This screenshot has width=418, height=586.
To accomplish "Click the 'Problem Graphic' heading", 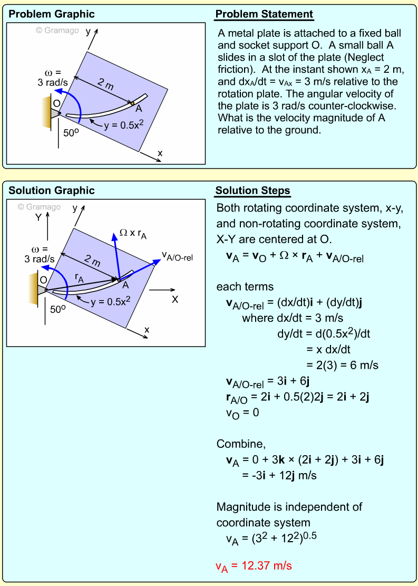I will [52, 14].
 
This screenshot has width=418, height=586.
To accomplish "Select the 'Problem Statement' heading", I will [264, 14].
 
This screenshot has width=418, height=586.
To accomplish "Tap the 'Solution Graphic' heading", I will [52, 190].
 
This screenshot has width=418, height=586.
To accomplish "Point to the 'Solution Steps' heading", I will [253, 190].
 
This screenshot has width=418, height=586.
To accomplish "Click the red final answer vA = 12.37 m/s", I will [254, 566].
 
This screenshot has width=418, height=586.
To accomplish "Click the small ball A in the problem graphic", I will [132, 103].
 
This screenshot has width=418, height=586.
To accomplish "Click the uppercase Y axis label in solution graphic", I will [38, 217].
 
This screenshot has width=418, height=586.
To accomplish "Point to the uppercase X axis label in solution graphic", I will [175, 299].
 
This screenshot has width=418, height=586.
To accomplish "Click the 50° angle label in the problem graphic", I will [71, 133].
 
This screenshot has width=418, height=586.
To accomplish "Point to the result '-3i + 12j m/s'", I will [279, 475].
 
